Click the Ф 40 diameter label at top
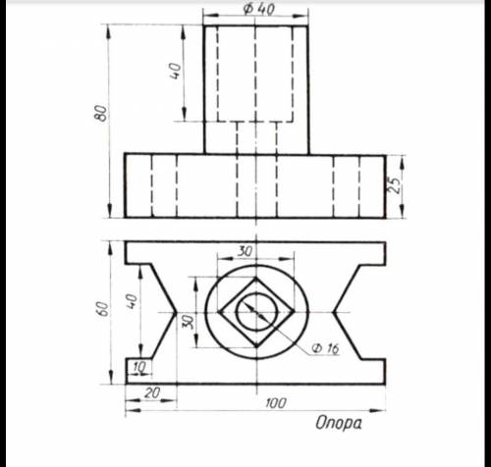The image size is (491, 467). [x=258, y=9]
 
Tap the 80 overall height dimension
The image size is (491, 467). [x=102, y=113]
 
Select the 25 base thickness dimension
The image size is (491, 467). [x=395, y=185]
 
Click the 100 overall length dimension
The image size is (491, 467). [x=276, y=403]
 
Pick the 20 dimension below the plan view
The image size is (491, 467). [x=152, y=393]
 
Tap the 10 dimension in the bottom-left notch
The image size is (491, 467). [x=138, y=367]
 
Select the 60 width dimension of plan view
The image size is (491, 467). [x=103, y=308]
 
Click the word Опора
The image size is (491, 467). [x=339, y=423]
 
